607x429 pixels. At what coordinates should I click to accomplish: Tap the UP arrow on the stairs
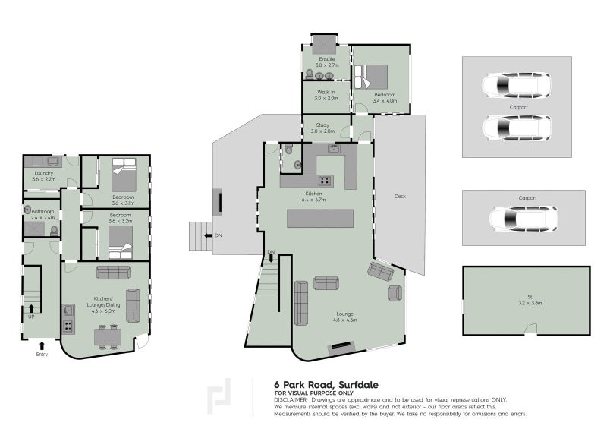31,308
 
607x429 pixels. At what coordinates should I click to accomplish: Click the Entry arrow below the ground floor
42,345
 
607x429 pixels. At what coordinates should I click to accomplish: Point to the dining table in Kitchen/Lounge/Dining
108,338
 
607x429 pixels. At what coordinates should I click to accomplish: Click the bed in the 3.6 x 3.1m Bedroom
124,175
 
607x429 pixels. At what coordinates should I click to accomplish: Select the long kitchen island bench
320,218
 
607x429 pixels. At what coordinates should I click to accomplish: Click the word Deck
400,196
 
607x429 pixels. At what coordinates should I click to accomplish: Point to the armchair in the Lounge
395,293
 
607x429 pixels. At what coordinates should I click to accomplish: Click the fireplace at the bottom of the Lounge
342,347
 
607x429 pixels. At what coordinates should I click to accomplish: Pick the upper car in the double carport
516,85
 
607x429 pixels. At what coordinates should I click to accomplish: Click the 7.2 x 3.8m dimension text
530,303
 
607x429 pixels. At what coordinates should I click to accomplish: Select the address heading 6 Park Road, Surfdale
326,385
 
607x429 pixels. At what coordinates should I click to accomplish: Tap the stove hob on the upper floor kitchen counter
325,180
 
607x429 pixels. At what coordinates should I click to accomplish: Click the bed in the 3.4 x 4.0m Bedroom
371,77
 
